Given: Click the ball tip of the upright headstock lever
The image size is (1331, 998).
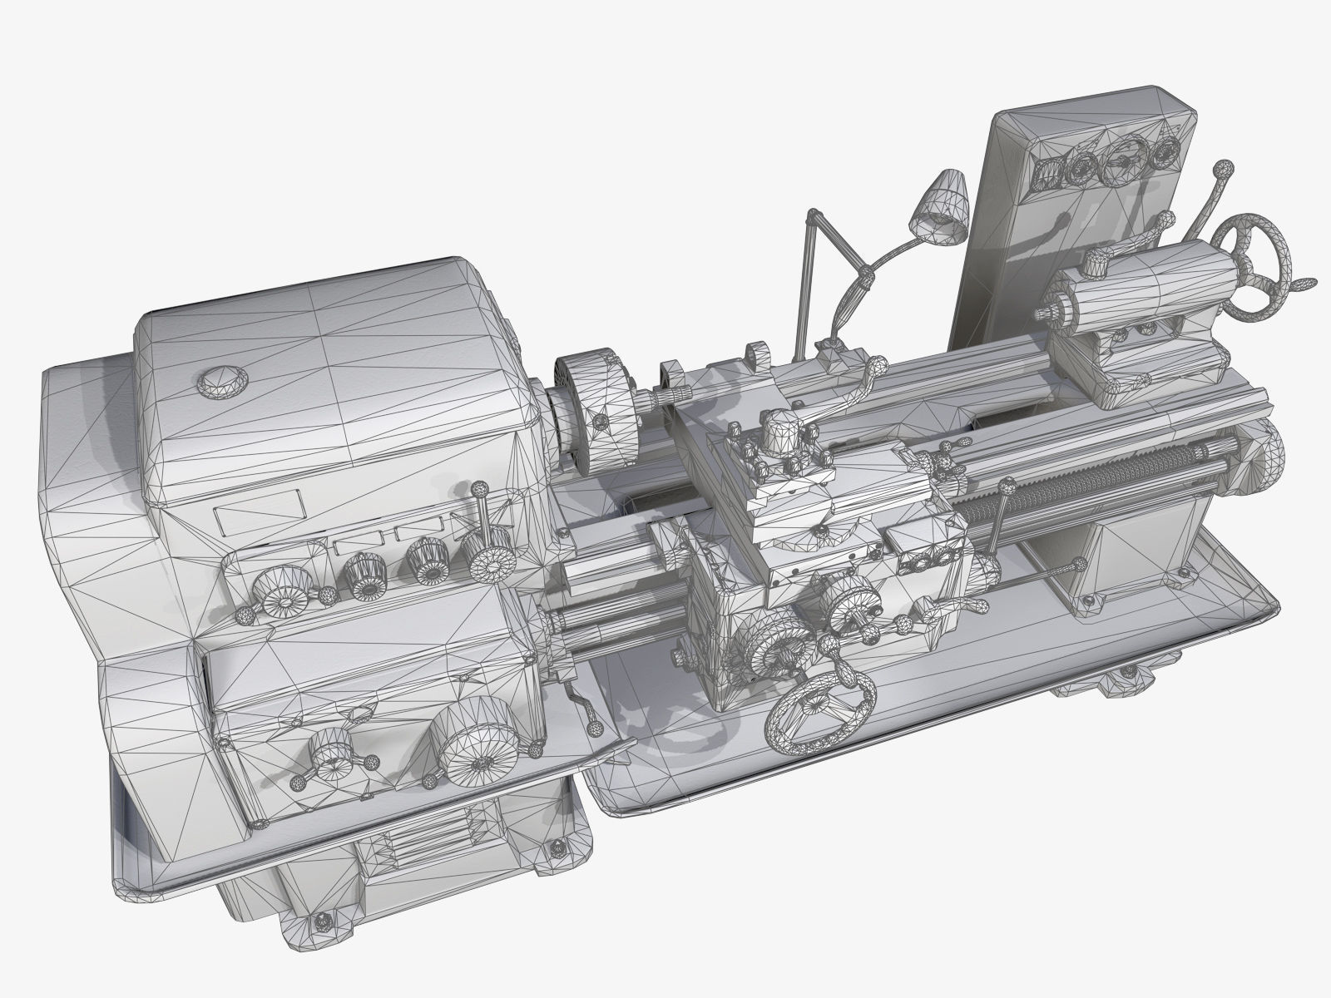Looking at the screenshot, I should coord(479,492).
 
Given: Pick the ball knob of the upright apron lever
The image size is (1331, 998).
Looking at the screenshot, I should coord(1007,484).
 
